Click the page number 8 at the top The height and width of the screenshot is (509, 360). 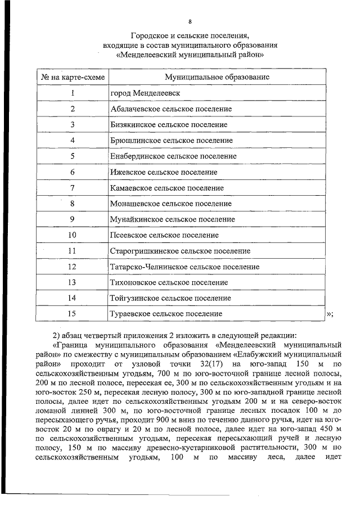[x=190, y=22]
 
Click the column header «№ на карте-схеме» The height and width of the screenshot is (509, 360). [x=72, y=76]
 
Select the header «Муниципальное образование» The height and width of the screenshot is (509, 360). [x=217, y=76]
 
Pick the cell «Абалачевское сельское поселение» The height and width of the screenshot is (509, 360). [x=171, y=109]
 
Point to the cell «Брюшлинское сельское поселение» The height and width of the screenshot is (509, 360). [x=171, y=140]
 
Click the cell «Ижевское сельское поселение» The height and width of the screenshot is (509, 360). [x=164, y=172]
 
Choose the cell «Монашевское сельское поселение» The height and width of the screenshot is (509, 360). [x=170, y=204]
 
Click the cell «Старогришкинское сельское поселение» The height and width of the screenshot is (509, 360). [x=180, y=251]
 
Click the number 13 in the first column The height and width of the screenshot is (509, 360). [x=72, y=282]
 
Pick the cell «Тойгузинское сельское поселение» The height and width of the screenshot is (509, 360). [x=170, y=298]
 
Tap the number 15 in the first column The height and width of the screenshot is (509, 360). [x=72, y=314]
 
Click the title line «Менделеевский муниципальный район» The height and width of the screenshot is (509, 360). [x=190, y=56]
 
